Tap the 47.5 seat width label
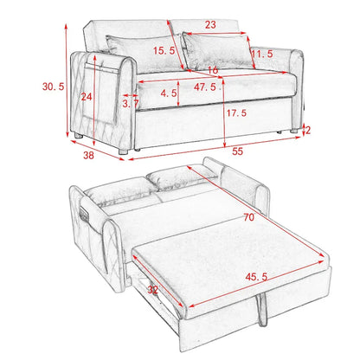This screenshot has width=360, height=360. coord(206,87)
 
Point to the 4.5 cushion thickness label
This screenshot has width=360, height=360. coord(169,93)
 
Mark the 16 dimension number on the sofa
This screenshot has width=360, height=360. coord(213,69)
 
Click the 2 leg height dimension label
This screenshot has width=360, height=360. coord(308,131)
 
